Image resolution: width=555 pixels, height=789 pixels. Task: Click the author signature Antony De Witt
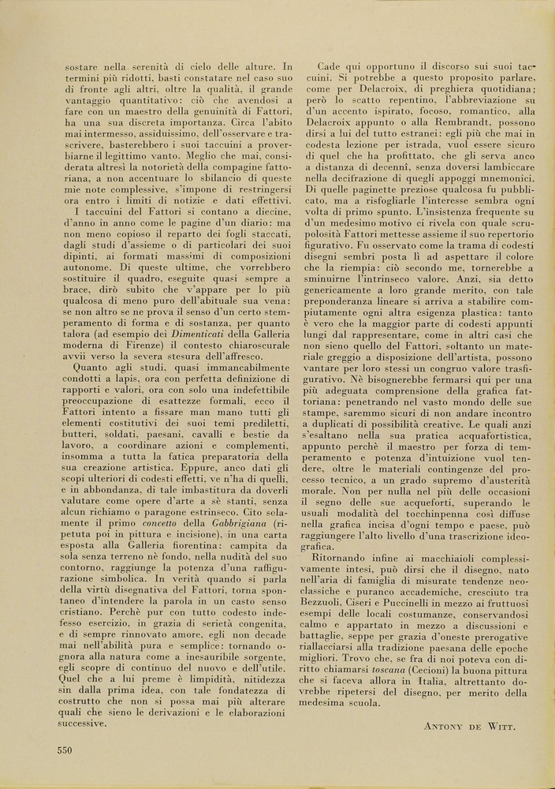[468, 725]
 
